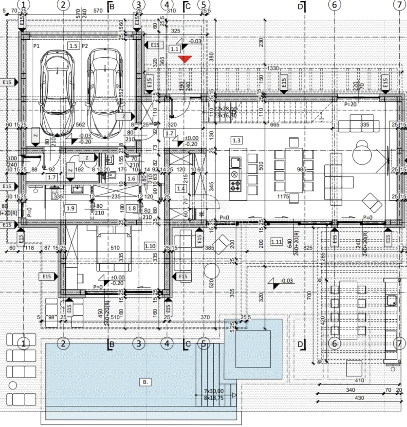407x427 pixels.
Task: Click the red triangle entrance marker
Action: [185, 59]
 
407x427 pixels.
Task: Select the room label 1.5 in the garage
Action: [73, 46]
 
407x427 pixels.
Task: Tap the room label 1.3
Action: [236, 140]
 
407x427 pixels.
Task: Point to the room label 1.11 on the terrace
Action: [276, 242]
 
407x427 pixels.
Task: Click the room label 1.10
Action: [150, 246]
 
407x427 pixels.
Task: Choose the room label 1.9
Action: [70, 208]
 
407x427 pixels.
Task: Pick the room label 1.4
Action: [180, 188]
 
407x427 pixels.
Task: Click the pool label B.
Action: [145, 382]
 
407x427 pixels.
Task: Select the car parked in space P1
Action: [58, 93]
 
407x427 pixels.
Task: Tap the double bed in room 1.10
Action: [114, 248]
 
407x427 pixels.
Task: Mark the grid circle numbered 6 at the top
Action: [334, 5]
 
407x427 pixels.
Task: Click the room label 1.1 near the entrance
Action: [175, 49]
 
